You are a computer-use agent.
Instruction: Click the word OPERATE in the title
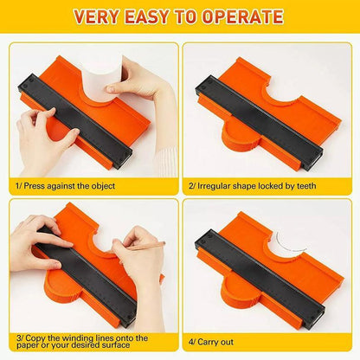(242, 16)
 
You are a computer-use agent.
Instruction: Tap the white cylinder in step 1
(101, 81)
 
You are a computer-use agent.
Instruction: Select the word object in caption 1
(103, 186)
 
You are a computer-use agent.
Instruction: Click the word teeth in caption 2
(306, 186)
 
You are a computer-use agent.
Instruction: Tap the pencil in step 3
(146, 246)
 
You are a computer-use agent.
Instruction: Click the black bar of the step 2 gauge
(259, 122)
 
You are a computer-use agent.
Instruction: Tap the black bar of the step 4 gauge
(260, 276)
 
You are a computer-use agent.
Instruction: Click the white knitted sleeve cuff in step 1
(166, 163)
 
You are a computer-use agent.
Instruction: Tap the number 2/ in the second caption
(192, 186)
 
